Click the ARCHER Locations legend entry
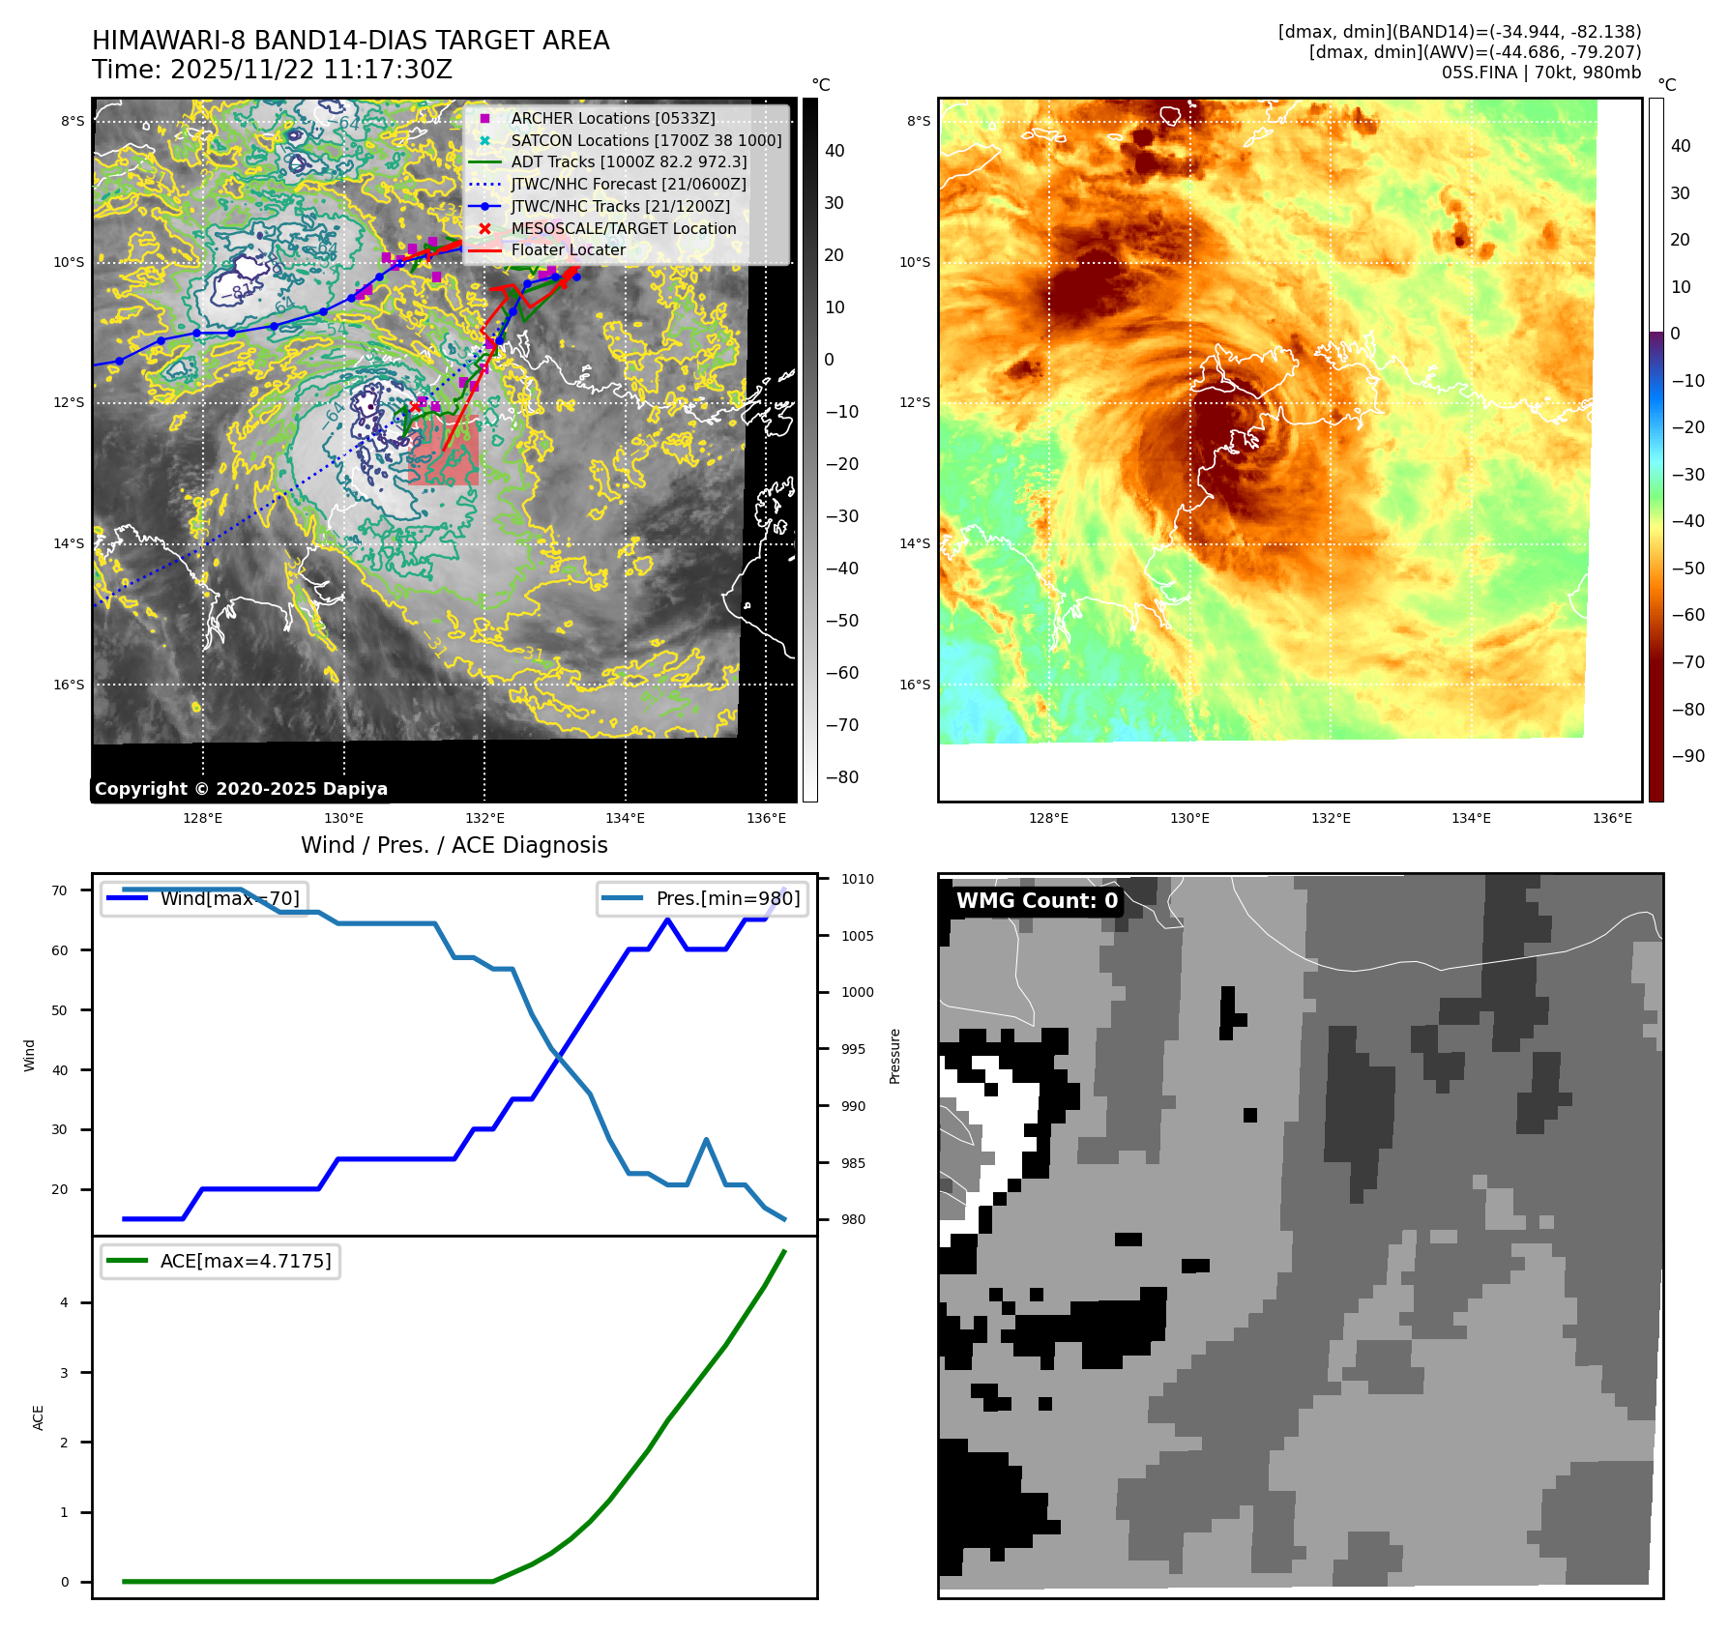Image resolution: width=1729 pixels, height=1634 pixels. [613, 118]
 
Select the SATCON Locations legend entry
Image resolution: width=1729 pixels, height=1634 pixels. [646, 140]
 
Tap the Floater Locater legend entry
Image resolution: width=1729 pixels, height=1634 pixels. [568, 249]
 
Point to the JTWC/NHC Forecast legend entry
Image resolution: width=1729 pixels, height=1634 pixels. [629, 184]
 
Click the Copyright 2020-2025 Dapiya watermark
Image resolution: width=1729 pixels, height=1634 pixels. [241, 789]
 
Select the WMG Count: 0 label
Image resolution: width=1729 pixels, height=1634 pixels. [1037, 901]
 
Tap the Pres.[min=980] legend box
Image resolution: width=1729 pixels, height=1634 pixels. [703, 898]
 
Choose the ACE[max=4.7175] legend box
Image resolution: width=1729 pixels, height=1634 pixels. [220, 1261]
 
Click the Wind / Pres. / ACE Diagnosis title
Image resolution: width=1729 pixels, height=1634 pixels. [454, 845]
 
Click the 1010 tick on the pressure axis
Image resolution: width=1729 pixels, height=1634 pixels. [857, 879]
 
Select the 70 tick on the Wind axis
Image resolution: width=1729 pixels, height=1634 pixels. [60, 890]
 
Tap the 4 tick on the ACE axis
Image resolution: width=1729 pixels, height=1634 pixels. [65, 1302]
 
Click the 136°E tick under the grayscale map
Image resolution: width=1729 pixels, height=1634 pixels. [766, 819]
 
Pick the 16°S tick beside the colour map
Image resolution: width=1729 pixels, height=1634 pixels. [915, 685]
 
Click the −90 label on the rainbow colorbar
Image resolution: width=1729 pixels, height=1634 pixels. [1687, 756]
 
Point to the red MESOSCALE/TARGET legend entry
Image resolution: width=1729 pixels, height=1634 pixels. [623, 228]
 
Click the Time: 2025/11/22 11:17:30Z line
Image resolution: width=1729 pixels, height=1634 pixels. [272, 70]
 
